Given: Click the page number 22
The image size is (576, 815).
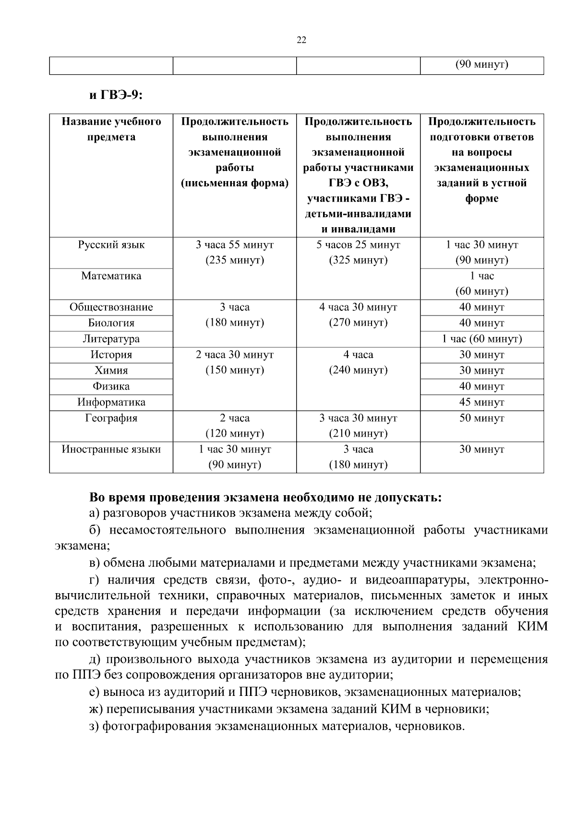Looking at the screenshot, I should click(x=301, y=40).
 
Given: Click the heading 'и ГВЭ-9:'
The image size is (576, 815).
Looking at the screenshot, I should click(x=117, y=95).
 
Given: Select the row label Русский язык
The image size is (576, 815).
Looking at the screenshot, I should click(x=111, y=245).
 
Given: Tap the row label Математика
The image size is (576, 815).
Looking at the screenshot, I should click(x=111, y=276).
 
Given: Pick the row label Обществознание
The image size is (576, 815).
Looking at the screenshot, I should click(x=111, y=307).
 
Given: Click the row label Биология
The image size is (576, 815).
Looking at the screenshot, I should click(x=111, y=323).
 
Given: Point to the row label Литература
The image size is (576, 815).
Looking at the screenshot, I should click(x=111, y=339).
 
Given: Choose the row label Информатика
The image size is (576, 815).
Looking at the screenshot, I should click(x=111, y=402).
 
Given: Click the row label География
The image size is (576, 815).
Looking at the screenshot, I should click(x=111, y=418).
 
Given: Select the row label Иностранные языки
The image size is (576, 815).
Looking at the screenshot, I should click(x=111, y=450).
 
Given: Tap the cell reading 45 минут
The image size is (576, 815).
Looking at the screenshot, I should click(x=482, y=402).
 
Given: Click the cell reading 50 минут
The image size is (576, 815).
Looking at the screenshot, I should click(x=482, y=418).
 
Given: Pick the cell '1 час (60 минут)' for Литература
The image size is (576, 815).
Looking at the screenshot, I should click(x=482, y=339).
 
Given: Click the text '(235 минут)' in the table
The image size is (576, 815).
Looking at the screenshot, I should click(x=235, y=261).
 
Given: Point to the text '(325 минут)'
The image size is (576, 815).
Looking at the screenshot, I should click(x=358, y=261).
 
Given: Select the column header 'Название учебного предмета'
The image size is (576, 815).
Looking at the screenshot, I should click(x=111, y=129).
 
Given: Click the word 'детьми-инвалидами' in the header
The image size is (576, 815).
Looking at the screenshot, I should click(x=358, y=214).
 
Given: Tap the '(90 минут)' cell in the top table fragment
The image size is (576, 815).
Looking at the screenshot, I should click(x=482, y=65).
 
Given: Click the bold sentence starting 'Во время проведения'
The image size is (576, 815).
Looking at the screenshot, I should click(x=265, y=498).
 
